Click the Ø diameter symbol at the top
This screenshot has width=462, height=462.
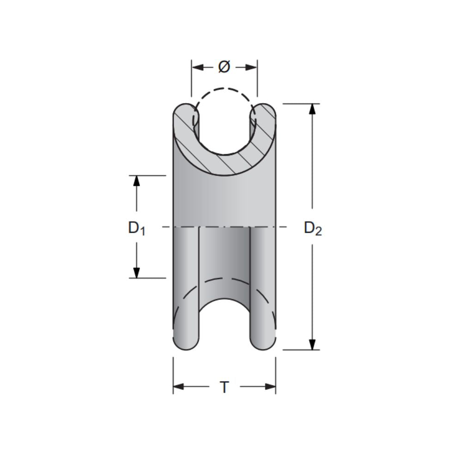tap(224, 67)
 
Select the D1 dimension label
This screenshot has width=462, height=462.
tap(137, 227)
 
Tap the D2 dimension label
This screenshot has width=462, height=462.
tap(313, 228)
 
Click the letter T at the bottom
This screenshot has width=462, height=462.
tap(224, 387)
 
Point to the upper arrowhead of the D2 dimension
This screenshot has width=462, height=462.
tap(313, 109)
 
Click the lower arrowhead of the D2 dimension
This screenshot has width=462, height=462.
tap(313, 344)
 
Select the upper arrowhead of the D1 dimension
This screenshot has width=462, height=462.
tap(136, 181)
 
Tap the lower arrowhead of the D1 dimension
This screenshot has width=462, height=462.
tap(136, 273)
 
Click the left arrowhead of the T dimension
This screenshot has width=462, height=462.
tap(178, 387)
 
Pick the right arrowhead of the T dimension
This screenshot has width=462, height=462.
tap(270, 387)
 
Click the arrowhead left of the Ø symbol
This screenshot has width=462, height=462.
tap(197, 67)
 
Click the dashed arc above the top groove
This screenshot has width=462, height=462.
tap(224, 89)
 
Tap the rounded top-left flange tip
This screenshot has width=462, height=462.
tap(183, 111)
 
